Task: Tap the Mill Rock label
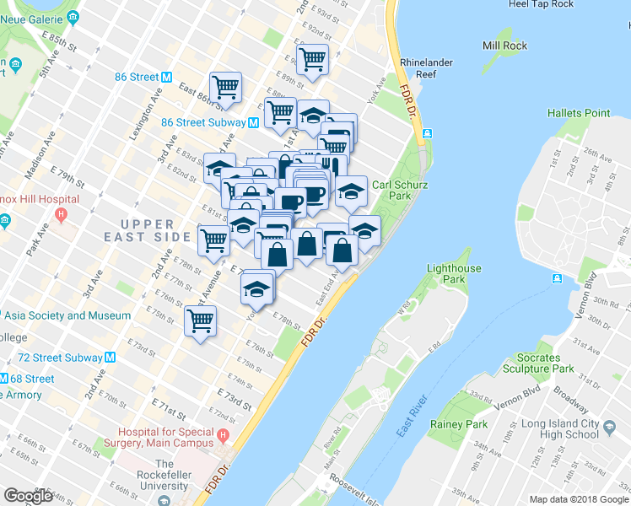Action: (503, 45)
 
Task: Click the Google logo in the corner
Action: (28, 496)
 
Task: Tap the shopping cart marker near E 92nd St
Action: (312, 61)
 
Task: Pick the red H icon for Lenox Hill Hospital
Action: (61, 213)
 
